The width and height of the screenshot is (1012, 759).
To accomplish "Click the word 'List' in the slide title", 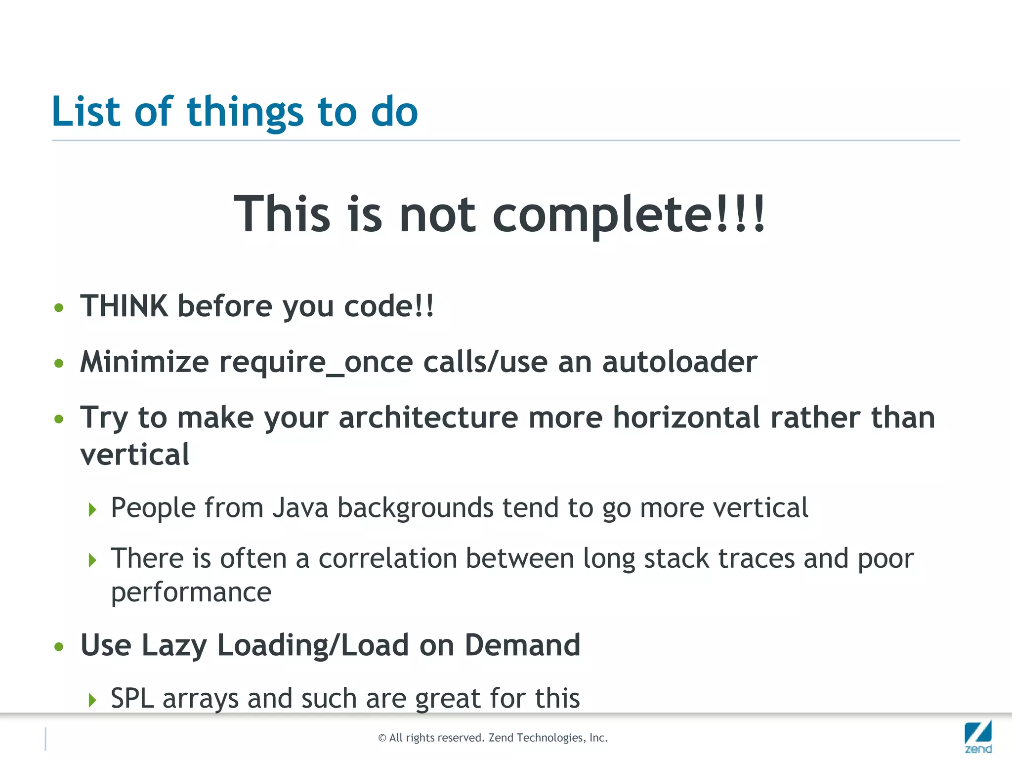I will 86,111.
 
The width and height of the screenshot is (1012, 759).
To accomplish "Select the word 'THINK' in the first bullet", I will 124,306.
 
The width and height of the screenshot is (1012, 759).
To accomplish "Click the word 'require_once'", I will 316,362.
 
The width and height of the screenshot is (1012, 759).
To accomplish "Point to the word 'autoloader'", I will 679,362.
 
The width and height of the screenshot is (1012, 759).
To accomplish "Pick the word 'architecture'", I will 428,418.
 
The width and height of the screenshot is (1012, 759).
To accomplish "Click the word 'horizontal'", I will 686,418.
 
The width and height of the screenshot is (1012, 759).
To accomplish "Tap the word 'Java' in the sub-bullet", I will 300,507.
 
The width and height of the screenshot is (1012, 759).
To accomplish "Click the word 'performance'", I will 191,592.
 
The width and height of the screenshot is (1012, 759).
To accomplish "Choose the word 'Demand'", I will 522,645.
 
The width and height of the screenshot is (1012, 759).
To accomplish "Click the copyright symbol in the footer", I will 382,738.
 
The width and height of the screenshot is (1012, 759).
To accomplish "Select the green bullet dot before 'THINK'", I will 59,308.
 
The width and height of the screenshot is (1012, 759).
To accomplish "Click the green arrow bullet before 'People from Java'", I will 92,509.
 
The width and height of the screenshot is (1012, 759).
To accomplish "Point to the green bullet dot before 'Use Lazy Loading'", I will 59,646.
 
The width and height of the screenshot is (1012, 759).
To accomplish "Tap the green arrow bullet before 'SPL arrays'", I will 92,700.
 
